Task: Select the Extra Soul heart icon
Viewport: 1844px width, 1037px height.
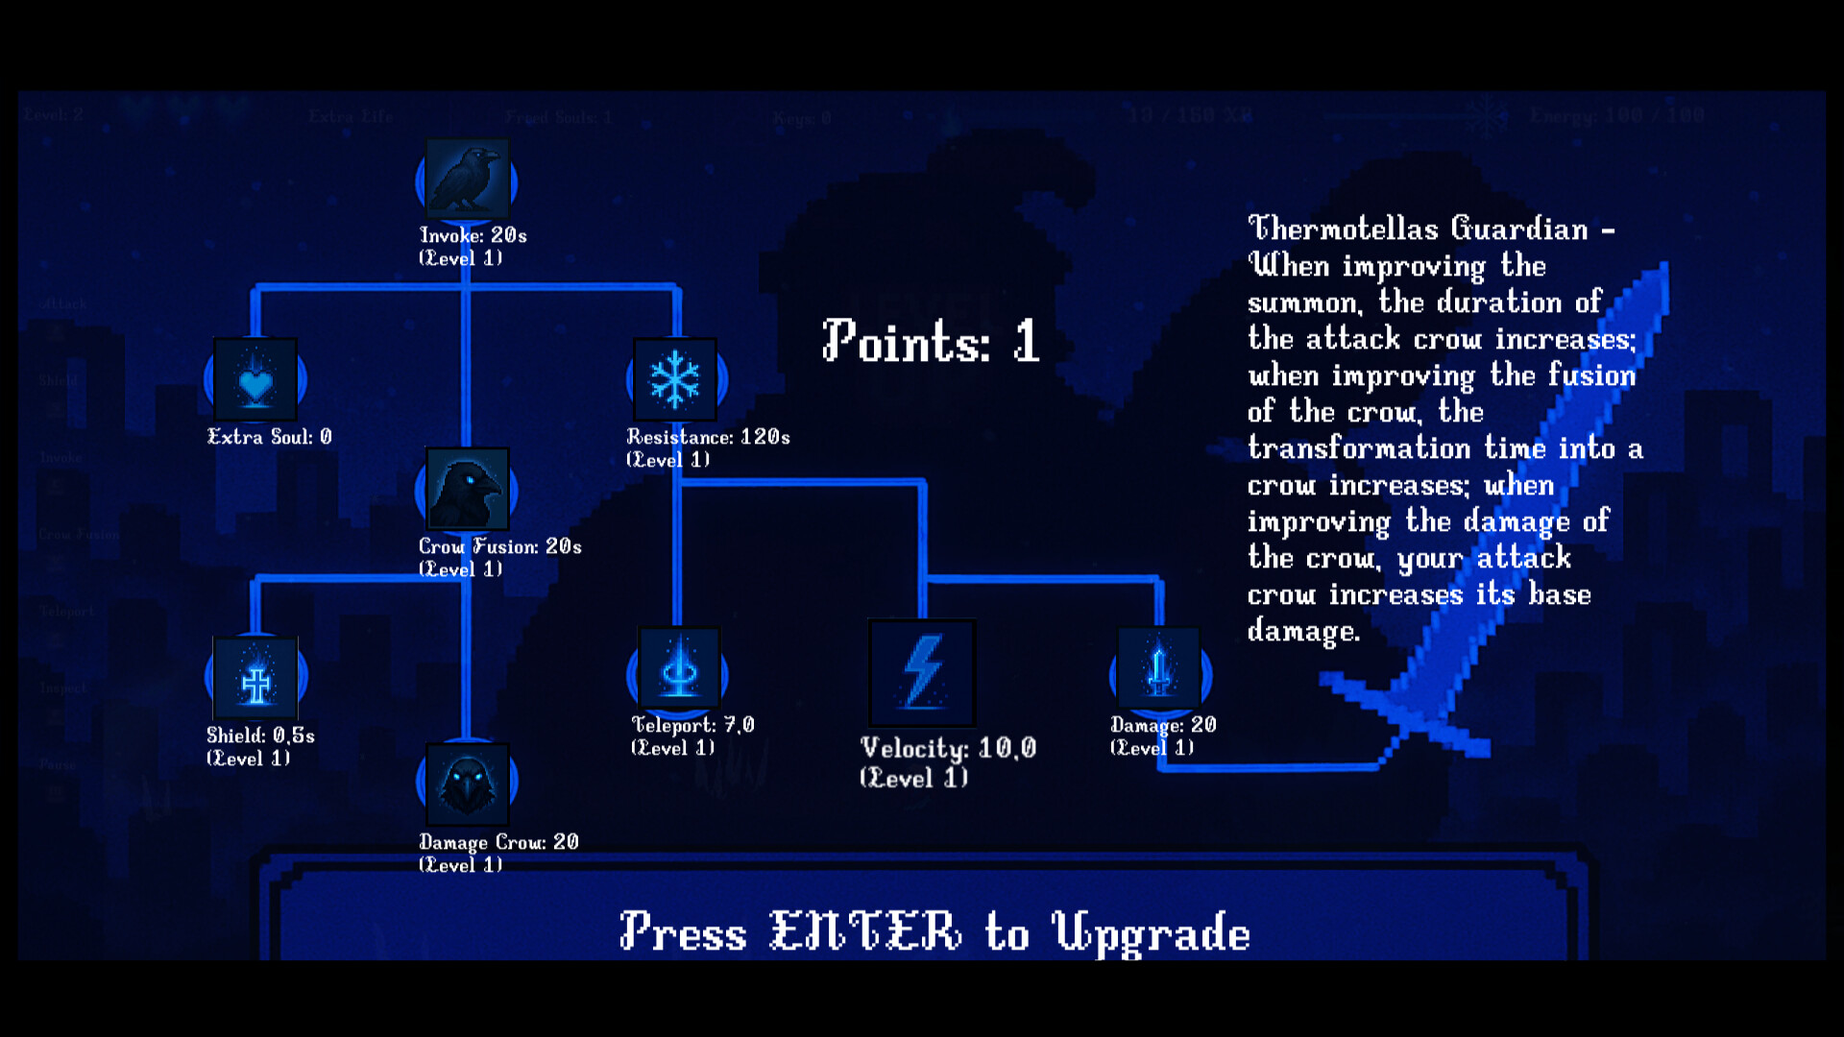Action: (x=255, y=380)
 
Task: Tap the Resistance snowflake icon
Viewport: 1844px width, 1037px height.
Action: (x=676, y=379)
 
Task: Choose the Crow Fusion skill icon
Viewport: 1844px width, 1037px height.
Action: (x=467, y=489)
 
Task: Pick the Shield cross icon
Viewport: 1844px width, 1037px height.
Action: (x=255, y=678)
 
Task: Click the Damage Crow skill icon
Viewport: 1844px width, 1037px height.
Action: (x=467, y=783)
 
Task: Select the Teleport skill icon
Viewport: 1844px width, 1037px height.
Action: (x=678, y=669)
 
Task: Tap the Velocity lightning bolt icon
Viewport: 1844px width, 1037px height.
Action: (x=922, y=672)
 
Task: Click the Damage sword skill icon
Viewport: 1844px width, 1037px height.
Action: (x=1159, y=669)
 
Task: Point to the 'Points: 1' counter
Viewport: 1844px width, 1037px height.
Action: (x=930, y=341)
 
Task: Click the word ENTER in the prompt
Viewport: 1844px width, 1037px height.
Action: (x=864, y=931)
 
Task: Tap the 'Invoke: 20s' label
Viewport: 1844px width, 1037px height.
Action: (x=473, y=235)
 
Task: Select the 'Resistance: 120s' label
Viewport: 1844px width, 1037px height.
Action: (x=708, y=437)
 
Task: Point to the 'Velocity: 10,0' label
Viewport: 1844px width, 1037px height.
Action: (x=948, y=748)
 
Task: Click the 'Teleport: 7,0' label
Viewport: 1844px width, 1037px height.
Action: (x=692, y=725)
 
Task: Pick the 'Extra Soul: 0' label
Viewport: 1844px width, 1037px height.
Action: (x=270, y=437)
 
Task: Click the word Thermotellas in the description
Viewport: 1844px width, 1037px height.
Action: (x=1343, y=229)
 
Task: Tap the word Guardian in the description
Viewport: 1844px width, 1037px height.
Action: (x=1519, y=229)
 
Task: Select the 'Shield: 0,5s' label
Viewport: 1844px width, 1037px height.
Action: (x=260, y=736)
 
